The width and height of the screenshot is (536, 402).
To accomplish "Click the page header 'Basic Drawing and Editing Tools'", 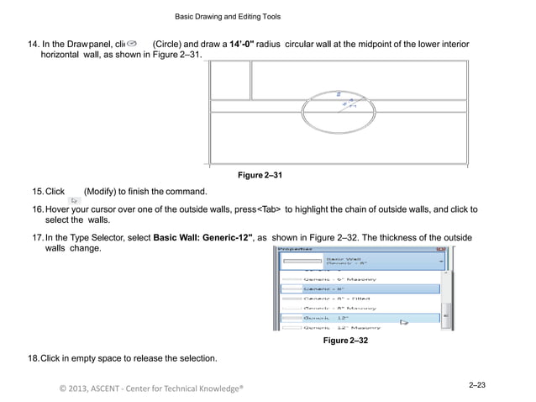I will (x=227, y=17).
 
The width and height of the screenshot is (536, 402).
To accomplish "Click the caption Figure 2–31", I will (x=260, y=175).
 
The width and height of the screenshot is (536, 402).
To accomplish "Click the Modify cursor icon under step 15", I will (x=74, y=200).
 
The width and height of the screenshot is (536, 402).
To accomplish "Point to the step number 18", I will (x=34, y=359).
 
